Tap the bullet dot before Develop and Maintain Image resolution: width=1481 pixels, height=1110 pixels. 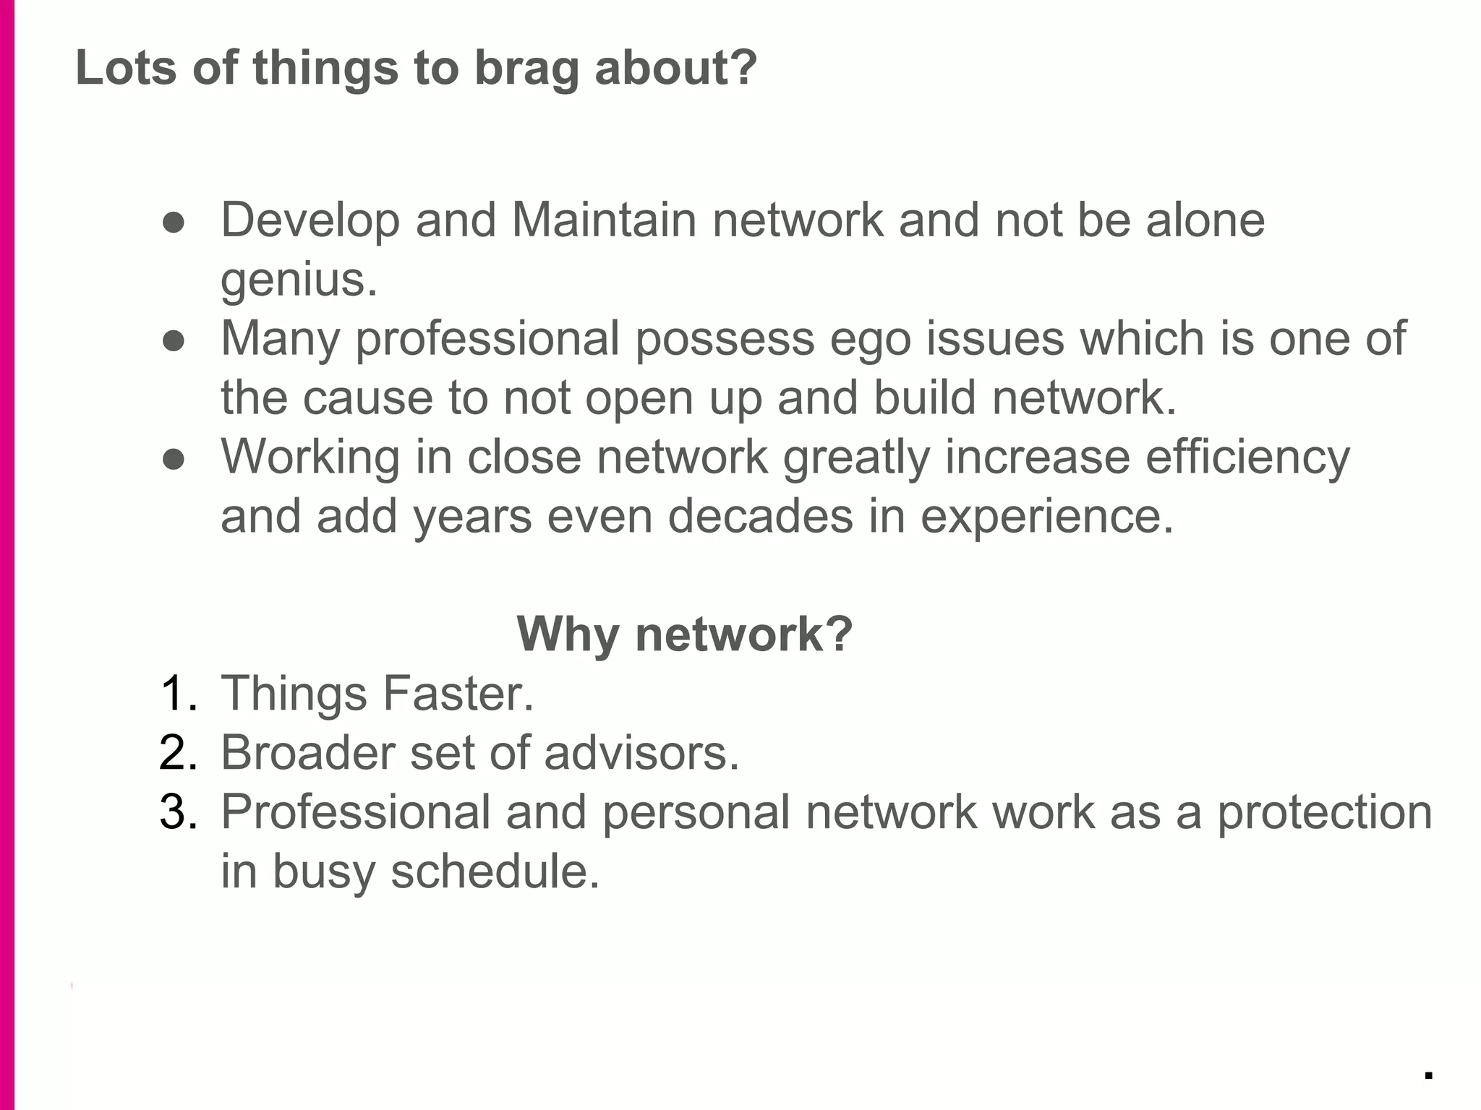[x=174, y=223]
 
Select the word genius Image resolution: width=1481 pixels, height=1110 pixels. [x=298, y=280]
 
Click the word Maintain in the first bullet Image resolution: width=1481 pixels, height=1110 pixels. [x=604, y=220]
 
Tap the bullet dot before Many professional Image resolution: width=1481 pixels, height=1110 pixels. [x=174, y=341]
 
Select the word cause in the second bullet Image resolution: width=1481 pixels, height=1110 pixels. [x=367, y=398]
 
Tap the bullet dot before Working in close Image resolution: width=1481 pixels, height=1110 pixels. [x=174, y=460]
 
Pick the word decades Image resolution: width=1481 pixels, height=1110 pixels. [x=760, y=517]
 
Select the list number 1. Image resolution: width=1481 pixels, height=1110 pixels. [x=177, y=694]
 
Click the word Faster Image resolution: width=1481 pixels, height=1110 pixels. [x=458, y=694]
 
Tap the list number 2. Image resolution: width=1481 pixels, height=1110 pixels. [x=178, y=753]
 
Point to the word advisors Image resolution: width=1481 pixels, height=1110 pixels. [x=641, y=753]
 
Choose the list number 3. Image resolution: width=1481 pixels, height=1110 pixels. [x=178, y=812]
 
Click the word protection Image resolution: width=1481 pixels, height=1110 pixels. [x=1325, y=813]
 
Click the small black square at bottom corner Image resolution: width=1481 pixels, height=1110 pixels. [x=1428, y=1075]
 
